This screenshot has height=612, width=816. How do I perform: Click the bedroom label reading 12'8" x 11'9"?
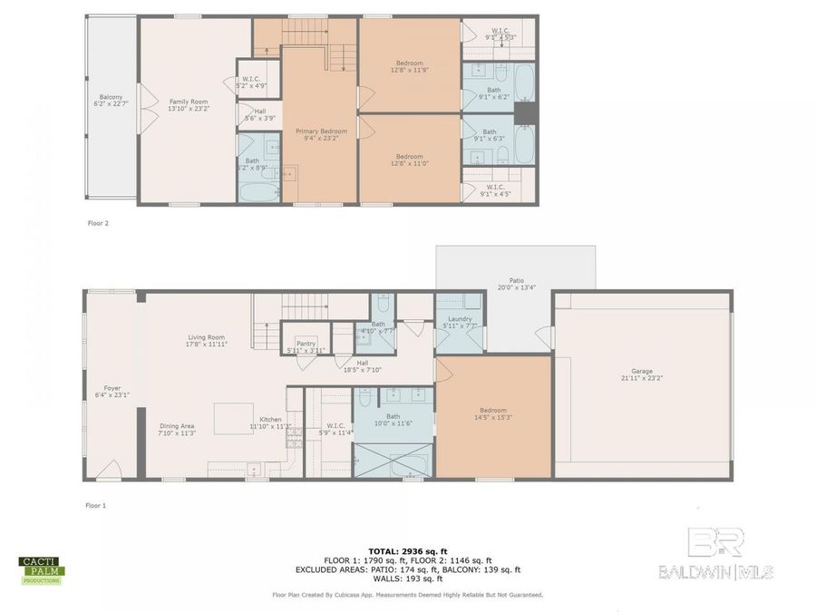pyautogui.click(x=409, y=66)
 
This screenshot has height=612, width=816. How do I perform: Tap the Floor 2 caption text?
pyautogui.click(x=97, y=222)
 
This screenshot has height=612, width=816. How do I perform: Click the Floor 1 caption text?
pyautogui.click(x=96, y=505)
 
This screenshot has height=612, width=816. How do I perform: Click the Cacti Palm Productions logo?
pyautogui.click(x=42, y=570)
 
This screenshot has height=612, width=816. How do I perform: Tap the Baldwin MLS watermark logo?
pyautogui.click(x=716, y=553)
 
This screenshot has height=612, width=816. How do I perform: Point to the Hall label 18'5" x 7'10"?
pyautogui.click(x=362, y=365)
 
